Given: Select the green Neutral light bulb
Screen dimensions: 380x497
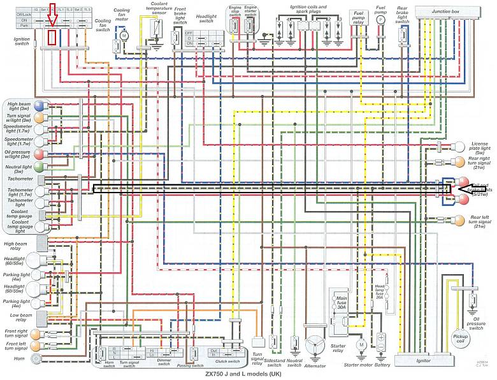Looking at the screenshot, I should coord(39,166).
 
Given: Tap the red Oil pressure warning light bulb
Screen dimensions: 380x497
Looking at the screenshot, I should coord(39,154).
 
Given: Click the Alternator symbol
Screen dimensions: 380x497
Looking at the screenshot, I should coord(314,345).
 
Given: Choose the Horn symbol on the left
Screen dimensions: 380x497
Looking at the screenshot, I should coord(36,358).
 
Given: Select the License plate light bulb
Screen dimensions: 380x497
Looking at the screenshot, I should coord(457,145).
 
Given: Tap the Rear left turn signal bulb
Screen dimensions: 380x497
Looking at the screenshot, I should coord(457,221).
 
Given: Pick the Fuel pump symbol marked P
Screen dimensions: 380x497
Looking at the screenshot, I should coord(380,20).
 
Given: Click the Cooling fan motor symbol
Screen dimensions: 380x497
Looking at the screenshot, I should coord(124,33).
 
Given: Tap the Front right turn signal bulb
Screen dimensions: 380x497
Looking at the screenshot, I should coord(39,334).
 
